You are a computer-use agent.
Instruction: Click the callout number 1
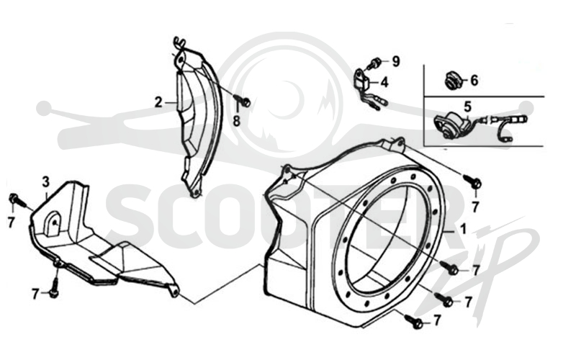click(463, 229)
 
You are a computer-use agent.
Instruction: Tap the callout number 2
click(158, 102)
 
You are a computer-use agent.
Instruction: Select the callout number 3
click(45, 181)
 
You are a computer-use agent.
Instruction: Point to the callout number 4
click(384, 82)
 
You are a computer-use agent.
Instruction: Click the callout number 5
click(467, 107)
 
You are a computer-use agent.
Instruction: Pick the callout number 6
click(474, 80)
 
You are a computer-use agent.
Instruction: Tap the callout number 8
click(236, 120)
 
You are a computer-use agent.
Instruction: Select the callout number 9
click(395, 61)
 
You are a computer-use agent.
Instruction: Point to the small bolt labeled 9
click(374, 63)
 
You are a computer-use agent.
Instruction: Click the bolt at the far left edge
click(17, 200)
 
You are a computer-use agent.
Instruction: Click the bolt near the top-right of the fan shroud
click(473, 181)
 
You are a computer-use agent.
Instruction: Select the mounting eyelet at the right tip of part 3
click(175, 292)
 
